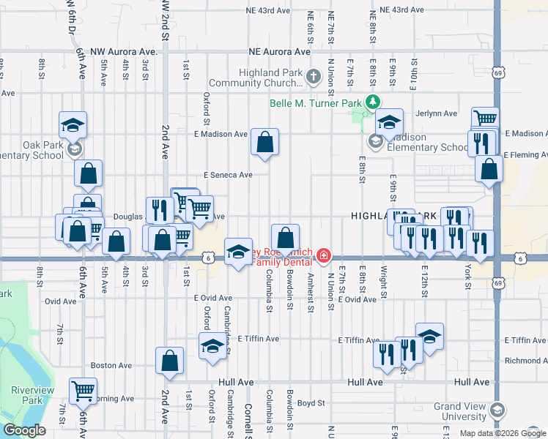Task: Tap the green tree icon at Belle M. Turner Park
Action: coord(373,102)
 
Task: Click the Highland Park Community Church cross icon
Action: coord(314,76)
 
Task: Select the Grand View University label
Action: coord(459,411)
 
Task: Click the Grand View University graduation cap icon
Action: coord(498,410)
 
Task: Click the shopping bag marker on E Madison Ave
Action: coord(264,141)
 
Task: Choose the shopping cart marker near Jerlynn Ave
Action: coord(485,119)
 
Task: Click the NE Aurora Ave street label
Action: coord(280,52)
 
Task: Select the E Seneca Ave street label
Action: coord(228,175)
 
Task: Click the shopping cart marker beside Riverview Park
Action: coord(83,390)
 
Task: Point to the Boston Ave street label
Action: coord(111,365)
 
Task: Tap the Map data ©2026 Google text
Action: coord(502,433)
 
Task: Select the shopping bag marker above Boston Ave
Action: coord(169,361)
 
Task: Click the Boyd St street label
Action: coord(310,402)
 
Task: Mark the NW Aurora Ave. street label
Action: coord(124,52)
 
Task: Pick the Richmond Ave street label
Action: coord(526,361)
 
